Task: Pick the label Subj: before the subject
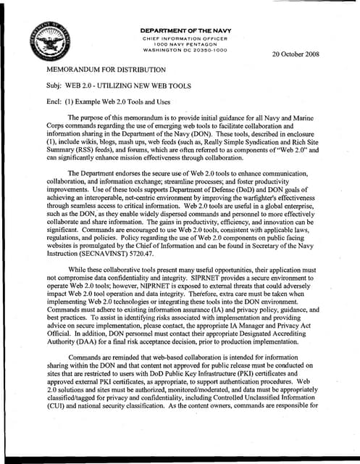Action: [54, 86]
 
